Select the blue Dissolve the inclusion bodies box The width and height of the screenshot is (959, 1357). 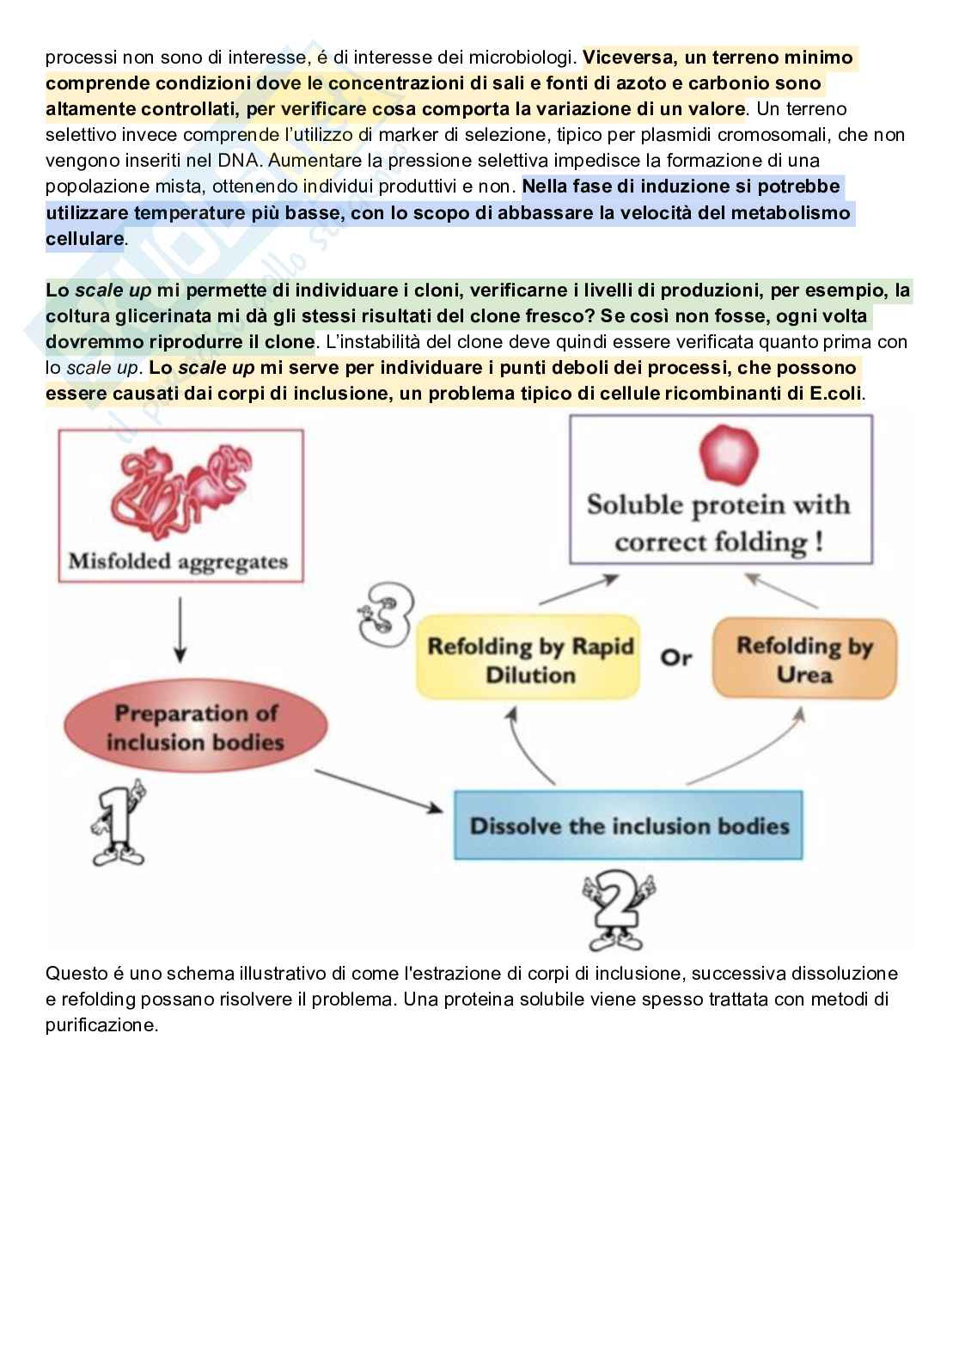[628, 826]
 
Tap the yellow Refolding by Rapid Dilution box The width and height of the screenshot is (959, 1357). [529, 659]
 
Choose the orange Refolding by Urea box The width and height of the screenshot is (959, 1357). [804, 659]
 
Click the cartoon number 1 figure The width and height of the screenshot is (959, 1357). [118, 822]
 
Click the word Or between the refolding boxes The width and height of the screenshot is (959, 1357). [676, 657]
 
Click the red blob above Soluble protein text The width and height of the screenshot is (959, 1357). [729, 455]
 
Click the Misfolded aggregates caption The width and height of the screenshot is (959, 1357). [178, 562]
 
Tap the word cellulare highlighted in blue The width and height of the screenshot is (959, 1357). [84, 239]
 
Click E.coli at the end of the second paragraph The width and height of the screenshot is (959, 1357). [837, 394]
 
